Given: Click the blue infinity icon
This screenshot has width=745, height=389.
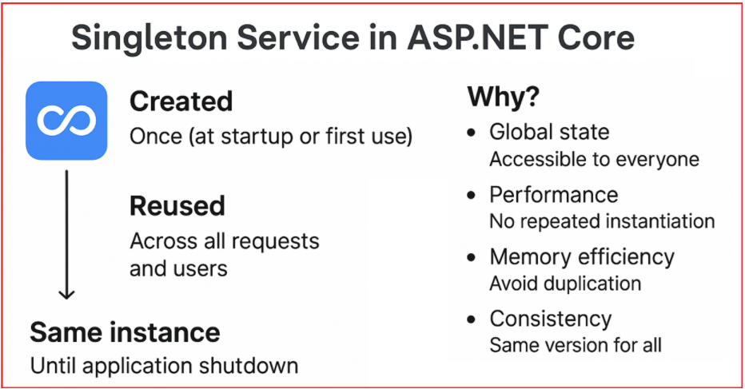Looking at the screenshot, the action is (x=66, y=121).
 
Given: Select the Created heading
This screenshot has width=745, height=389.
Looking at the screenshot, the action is (x=181, y=101).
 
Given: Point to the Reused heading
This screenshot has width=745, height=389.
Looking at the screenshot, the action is (x=177, y=205).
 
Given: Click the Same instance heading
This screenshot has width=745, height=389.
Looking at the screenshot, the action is (x=125, y=332).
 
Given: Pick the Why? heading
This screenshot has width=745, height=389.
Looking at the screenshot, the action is (x=504, y=97).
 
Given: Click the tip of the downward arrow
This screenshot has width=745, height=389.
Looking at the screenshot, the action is (x=66, y=299).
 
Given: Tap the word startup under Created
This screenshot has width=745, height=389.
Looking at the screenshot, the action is (x=257, y=137).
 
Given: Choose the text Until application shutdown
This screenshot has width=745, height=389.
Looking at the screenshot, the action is (x=165, y=366).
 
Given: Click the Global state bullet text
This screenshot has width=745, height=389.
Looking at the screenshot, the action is (x=549, y=132).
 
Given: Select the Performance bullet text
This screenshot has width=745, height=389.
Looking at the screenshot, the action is (x=553, y=194).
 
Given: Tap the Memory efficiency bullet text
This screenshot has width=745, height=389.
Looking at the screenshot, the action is (x=582, y=257).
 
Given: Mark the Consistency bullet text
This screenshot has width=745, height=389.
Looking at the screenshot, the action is (x=551, y=319).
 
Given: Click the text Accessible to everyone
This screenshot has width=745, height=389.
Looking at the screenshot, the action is (x=595, y=159).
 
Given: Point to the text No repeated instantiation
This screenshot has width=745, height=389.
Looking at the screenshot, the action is (x=602, y=221).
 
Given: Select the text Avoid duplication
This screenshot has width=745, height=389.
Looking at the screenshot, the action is (x=565, y=284).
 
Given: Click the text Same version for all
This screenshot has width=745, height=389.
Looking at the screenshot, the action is (x=576, y=345).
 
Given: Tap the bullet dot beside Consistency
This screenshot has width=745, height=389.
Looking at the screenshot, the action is (x=472, y=320).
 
